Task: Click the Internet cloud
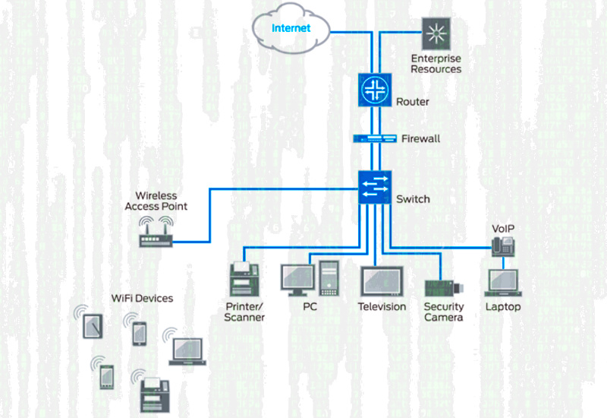[292, 29]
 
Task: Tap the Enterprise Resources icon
[436, 33]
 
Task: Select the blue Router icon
[375, 90]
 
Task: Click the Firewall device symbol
[376, 138]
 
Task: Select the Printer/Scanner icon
[244, 278]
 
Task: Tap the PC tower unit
[329, 277]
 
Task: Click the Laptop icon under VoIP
[503, 283]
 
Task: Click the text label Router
[413, 102]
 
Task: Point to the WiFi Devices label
[142, 298]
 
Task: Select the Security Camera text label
[443, 312]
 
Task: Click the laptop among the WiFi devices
[189, 350]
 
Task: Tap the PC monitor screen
[297, 276]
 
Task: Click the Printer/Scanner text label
[244, 312]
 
